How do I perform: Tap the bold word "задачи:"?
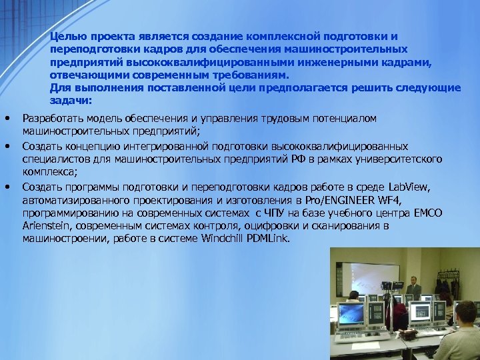[71, 100]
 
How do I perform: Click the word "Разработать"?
[51, 119]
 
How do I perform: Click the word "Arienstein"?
[45, 226]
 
